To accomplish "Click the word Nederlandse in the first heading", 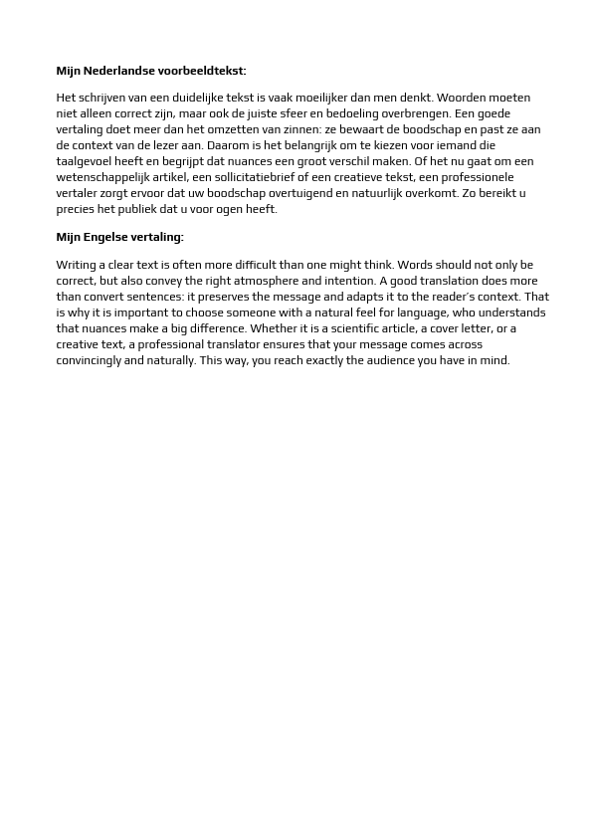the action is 118,71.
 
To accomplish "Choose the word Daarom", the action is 228,145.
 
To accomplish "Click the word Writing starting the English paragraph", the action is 76,265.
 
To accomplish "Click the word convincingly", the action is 89,360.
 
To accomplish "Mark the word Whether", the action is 273,328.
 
